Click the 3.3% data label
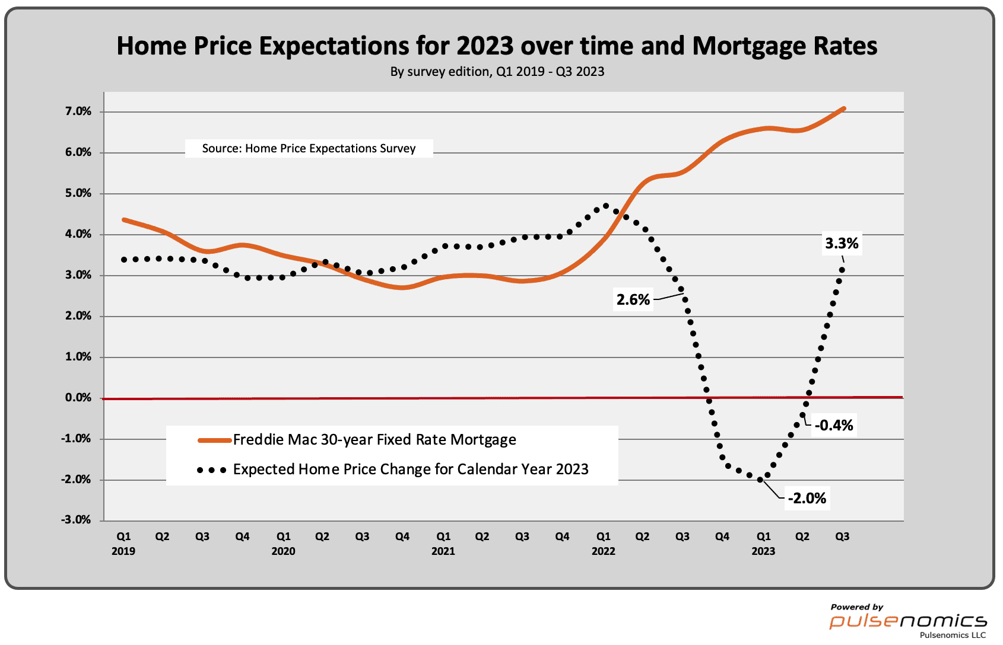842,243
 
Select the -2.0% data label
807,498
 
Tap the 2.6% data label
633,299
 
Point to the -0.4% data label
834,425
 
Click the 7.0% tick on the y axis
78,111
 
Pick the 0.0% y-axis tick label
78,398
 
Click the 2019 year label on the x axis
123,551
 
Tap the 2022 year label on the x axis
603,551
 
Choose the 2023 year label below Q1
763,551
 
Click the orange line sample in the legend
214,440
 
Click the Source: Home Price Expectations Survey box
309,148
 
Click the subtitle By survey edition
497,72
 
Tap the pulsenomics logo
908,621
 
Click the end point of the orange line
843,108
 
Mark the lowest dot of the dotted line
760,480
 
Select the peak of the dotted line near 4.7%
606,206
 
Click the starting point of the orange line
124,219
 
